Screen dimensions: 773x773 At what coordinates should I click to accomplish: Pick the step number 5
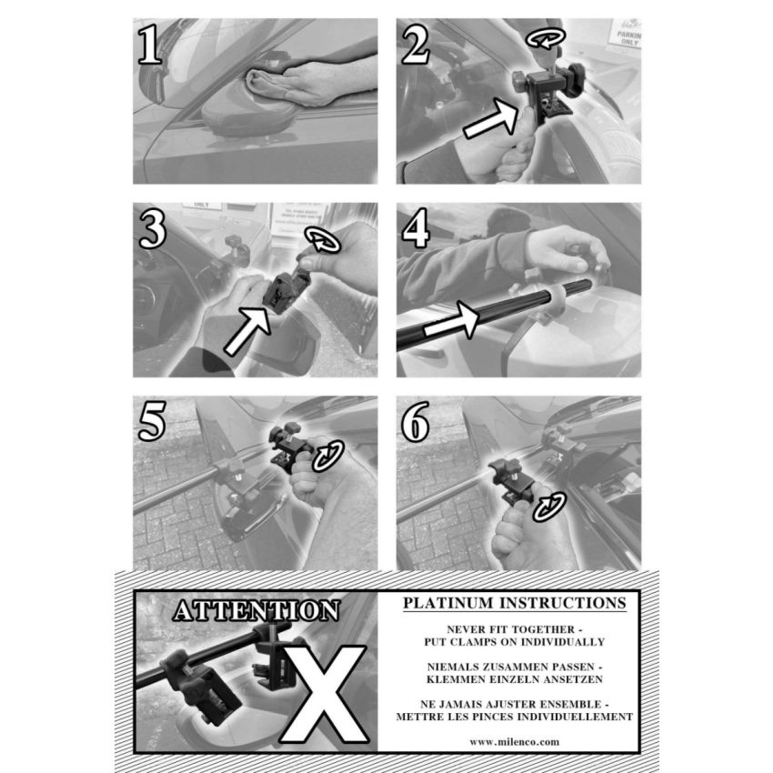click(x=152, y=420)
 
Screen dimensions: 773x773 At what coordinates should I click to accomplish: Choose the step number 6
click(x=416, y=420)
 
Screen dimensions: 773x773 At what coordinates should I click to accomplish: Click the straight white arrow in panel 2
click(x=491, y=118)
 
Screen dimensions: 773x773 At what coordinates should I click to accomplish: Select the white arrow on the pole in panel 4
click(x=452, y=320)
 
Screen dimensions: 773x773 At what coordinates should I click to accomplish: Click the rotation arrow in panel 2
click(x=545, y=37)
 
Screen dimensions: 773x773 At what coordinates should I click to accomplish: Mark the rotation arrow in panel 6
click(x=549, y=507)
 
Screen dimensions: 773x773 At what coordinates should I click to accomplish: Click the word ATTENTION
click(x=256, y=610)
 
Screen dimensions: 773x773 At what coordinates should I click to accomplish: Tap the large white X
click(x=324, y=694)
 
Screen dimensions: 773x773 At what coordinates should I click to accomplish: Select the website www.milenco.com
click(x=514, y=742)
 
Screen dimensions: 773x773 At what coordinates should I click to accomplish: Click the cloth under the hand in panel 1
click(x=264, y=84)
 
